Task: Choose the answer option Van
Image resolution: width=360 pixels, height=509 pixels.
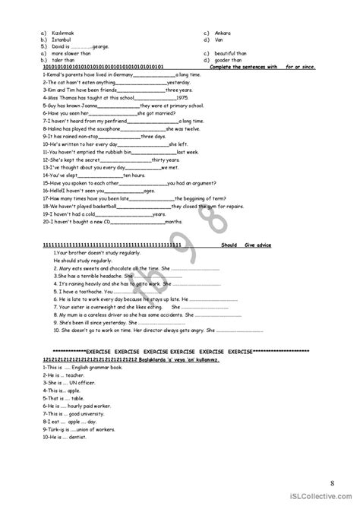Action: click(x=217, y=40)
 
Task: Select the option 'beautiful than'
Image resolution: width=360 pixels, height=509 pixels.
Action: click(x=230, y=53)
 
